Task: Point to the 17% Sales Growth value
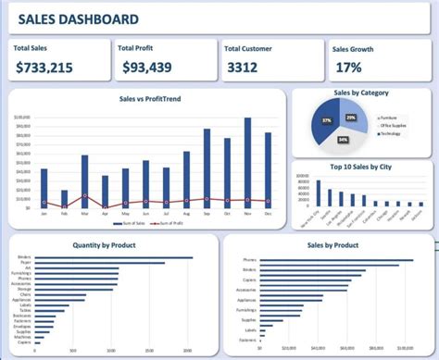click(348, 67)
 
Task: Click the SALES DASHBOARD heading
click(79, 19)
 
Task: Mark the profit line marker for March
click(84, 195)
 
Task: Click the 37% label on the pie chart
click(327, 120)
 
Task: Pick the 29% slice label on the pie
click(350, 118)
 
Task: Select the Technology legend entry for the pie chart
click(396, 133)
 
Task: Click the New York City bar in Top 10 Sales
click(319, 192)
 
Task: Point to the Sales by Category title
click(360, 93)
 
